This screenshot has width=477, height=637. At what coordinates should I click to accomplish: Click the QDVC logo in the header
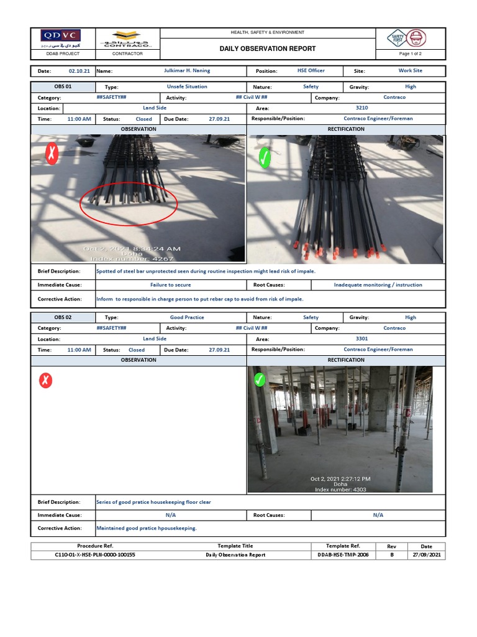[x=60, y=36]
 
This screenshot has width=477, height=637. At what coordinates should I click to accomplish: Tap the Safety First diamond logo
[x=397, y=39]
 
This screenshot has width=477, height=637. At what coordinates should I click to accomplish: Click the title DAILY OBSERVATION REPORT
[x=268, y=49]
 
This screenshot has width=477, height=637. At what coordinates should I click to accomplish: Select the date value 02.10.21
[x=79, y=72]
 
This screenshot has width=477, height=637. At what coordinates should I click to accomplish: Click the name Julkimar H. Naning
[x=187, y=71]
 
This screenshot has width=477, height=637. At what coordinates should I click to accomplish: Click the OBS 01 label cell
[x=63, y=86]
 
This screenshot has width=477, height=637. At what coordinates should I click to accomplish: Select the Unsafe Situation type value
[x=187, y=86]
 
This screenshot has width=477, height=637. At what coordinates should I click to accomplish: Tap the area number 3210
[x=361, y=108]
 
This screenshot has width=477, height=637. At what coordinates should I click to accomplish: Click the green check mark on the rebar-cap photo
[x=265, y=158]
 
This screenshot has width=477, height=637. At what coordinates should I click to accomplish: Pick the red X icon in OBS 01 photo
[x=52, y=154]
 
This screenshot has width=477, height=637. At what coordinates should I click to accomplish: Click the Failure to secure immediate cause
[x=170, y=285]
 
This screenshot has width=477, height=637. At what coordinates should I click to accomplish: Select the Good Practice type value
[x=187, y=317]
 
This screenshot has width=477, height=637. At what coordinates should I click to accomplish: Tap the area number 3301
[x=361, y=338]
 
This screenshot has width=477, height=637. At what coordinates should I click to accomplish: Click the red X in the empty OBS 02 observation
[x=46, y=380]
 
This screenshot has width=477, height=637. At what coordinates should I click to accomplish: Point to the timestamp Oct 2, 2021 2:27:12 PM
[x=340, y=479]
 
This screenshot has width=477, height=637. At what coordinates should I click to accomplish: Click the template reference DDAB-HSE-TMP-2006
[x=343, y=555]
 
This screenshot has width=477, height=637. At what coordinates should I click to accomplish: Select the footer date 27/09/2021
[x=426, y=555]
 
